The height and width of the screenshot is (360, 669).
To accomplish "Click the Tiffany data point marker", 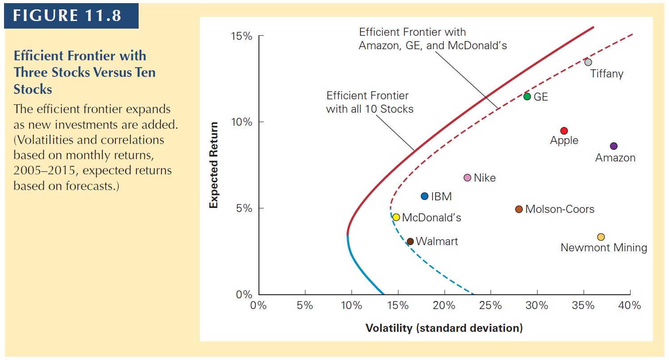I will [x=588, y=62].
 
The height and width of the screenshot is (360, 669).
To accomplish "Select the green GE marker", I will [x=527, y=97].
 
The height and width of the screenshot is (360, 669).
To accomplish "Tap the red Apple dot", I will [x=564, y=131].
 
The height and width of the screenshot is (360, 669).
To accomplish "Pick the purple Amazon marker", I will [x=614, y=146].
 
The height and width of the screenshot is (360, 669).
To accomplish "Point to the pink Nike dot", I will [x=467, y=178].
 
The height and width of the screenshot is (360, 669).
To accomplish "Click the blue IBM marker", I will [x=425, y=196].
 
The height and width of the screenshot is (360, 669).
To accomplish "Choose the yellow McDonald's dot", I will [x=396, y=217].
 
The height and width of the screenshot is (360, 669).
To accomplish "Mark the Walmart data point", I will [x=410, y=241].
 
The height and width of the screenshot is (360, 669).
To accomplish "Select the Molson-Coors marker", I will [x=519, y=209].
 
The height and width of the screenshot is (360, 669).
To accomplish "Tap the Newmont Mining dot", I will [x=601, y=237].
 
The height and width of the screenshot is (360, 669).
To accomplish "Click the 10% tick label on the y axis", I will [x=241, y=122].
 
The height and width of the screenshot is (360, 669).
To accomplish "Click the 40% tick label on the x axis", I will [x=630, y=306].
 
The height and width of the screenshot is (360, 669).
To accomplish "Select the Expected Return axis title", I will [x=214, y=165].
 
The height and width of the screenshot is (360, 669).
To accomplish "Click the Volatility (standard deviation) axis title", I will [x=444, y=328].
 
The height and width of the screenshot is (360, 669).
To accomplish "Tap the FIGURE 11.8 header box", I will [x=68, y=15].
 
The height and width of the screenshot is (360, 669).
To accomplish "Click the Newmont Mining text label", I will [x=604, y=248].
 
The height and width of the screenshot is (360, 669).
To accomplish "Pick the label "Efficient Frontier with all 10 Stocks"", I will [x=369, y=102].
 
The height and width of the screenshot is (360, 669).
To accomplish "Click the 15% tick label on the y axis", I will [x=241, y=36].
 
